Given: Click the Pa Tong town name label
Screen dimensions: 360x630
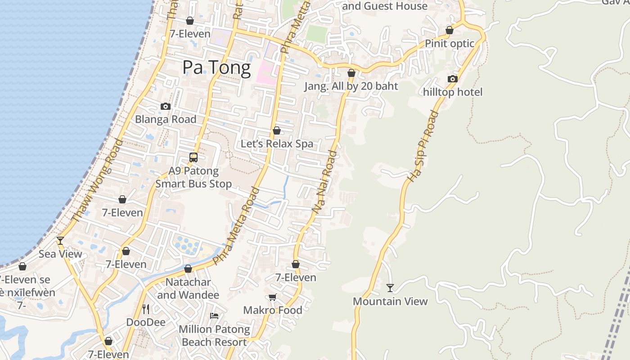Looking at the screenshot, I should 216,67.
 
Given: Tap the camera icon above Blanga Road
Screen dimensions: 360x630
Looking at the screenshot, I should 166,107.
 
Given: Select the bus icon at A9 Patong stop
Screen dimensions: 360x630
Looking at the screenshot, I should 193,157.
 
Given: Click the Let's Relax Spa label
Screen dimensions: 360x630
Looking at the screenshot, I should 277,144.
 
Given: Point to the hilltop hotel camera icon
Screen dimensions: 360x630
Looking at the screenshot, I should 452,79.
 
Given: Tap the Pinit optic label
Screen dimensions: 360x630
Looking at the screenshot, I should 450,44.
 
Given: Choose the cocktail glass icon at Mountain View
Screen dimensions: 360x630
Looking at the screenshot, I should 390,288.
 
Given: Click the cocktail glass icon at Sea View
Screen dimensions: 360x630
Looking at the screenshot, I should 60,241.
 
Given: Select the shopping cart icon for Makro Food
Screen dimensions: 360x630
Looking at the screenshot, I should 272,297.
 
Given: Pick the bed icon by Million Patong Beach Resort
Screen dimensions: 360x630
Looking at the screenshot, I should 214,316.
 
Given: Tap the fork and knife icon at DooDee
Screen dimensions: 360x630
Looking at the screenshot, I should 145,309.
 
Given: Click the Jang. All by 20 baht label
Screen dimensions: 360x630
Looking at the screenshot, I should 351,86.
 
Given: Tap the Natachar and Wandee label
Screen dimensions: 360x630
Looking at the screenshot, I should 188,289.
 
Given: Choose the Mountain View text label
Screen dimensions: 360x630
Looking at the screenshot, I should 390,301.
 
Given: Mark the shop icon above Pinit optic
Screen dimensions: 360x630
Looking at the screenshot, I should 449,31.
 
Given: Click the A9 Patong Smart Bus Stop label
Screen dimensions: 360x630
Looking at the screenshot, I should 193,177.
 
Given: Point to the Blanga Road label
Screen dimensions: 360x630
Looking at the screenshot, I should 166,119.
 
